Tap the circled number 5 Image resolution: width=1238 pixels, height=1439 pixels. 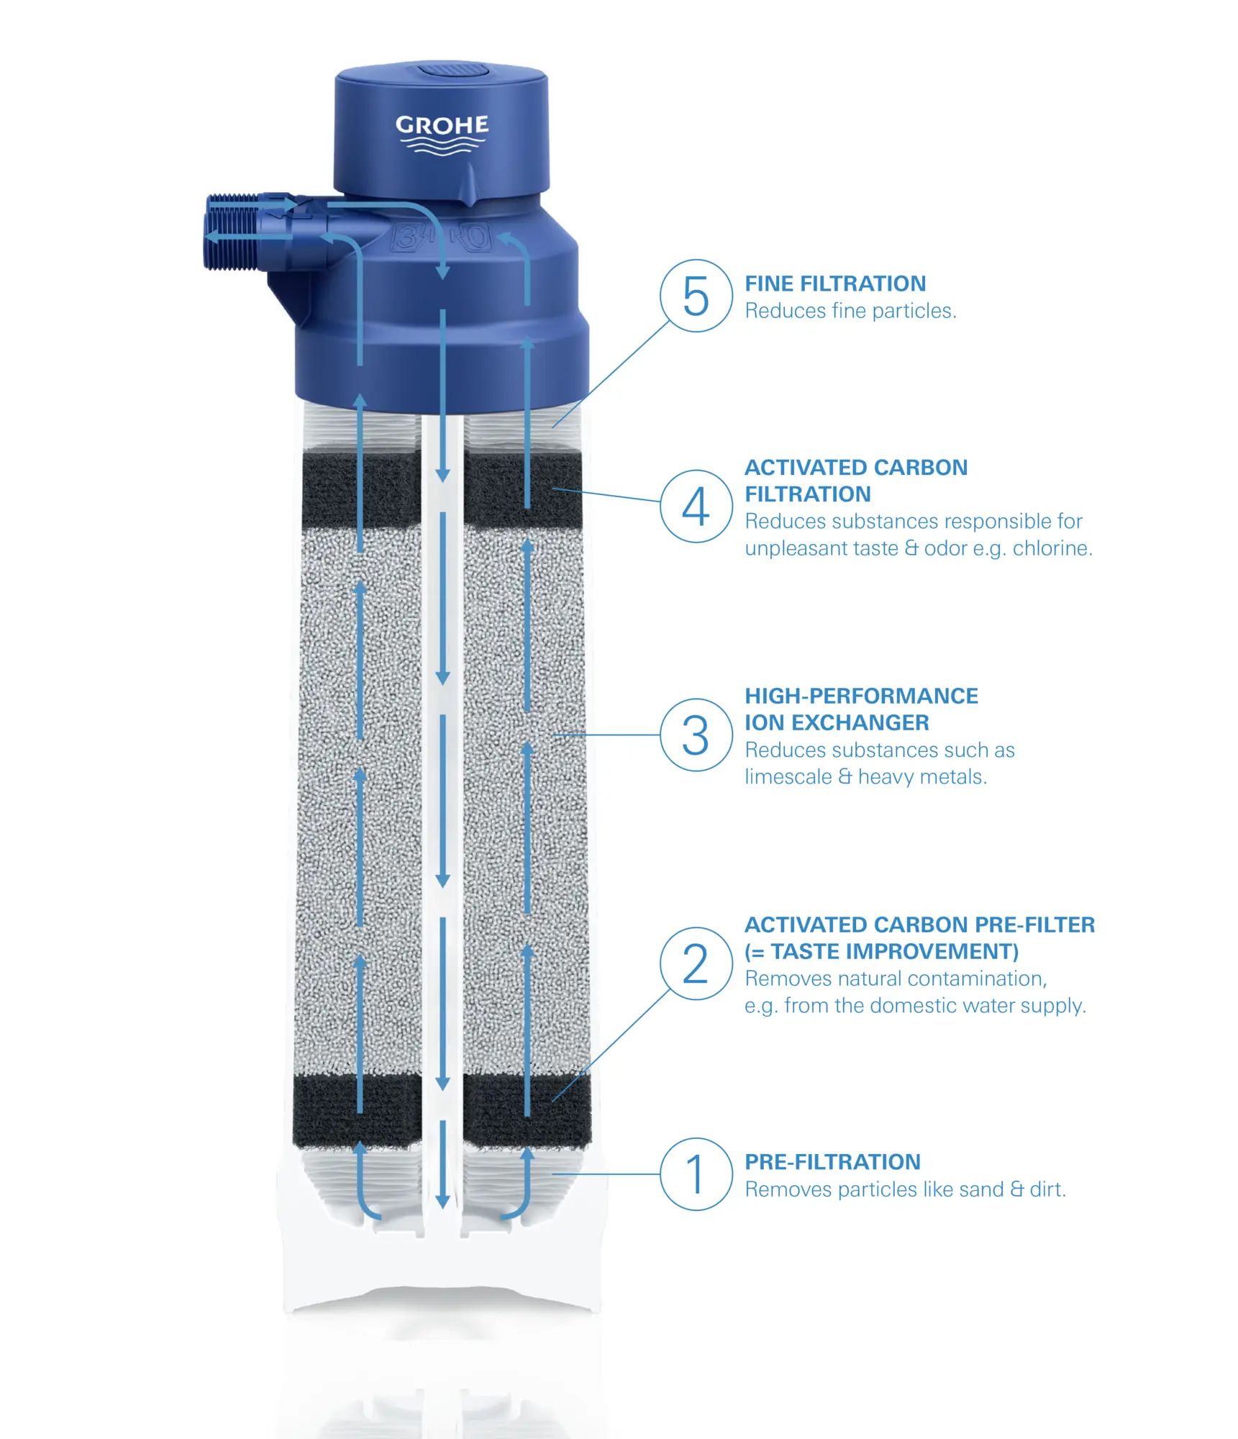[x=696, y=296]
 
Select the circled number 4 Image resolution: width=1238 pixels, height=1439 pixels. [x=696, y=506]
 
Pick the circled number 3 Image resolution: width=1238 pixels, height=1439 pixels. [x=696, y=735]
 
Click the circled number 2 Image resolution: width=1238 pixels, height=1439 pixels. [x=696, y=963]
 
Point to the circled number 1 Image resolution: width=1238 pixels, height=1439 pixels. [x=696, y=1174]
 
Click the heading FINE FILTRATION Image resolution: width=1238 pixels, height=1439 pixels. [x=835, y=283]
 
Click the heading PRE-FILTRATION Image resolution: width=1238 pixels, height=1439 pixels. [x=832, y=1161]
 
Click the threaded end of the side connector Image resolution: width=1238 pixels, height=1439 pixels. [x=232, y=232]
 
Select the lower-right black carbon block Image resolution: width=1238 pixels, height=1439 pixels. [x=527, y=1110]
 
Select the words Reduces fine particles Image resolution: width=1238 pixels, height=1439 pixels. [x=850, y=311]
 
